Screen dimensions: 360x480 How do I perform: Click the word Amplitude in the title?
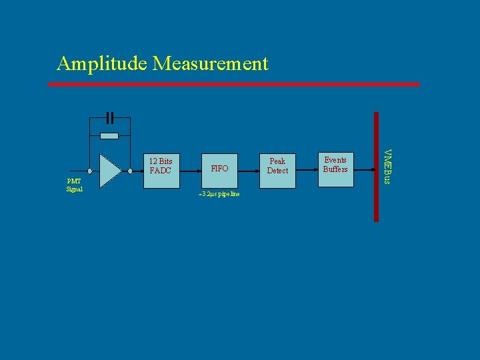click(102, 64)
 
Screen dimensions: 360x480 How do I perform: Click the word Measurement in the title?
click(210, 64)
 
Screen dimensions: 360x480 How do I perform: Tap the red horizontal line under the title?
click(233, 85)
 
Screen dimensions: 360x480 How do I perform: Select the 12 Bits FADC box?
click(161, 170)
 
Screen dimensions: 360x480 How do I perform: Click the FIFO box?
click(219, 170)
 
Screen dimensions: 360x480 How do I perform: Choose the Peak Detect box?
click(277, 170)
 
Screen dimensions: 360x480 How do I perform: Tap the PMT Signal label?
click(74, 185)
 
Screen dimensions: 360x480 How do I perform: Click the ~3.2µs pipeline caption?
click(219, 194)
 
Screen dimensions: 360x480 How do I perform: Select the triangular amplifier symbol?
click(109, 171)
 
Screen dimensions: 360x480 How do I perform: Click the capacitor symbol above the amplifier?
click(110, 118)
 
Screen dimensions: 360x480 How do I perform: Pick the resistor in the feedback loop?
click(109, 135)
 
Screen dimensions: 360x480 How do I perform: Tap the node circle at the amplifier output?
click(131, 171)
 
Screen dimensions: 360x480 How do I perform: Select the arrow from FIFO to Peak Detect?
click(249, 171)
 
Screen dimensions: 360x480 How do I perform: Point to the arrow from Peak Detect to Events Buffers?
click(306, 171)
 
